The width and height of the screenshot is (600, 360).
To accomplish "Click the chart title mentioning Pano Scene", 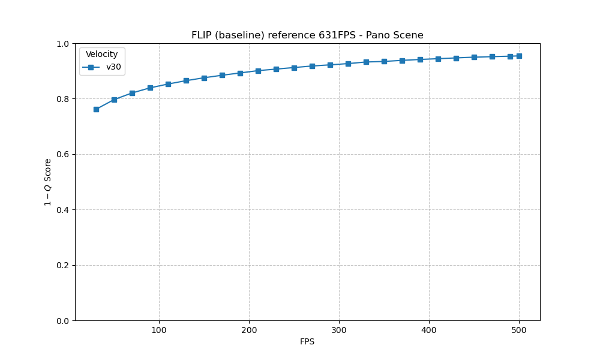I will click(307, 35).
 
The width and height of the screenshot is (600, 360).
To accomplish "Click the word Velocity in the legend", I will click(102, 55).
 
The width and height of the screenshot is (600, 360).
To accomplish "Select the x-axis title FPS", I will click(307, 342).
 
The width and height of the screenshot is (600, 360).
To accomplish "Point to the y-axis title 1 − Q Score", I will click(48, 182).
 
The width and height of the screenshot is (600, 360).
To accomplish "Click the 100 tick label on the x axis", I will click(159, 330).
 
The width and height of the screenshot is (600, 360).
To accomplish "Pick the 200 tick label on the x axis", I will click(249, 330).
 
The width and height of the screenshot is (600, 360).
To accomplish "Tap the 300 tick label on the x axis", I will click(339, 330).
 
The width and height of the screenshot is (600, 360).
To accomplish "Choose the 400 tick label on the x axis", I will click(429, 330).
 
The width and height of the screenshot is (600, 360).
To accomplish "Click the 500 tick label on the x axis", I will click(519, 330).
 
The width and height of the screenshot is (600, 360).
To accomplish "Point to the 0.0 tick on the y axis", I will click(63, 321).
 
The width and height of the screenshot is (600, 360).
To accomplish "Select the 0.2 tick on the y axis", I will click(63, 265).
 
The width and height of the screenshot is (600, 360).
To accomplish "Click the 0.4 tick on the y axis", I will click(63, 210).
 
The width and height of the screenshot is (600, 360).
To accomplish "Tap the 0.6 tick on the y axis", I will click(63, 154).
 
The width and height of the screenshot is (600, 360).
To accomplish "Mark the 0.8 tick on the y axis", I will click(63, 99).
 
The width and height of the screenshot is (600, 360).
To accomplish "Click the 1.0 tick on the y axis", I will click(63, 44).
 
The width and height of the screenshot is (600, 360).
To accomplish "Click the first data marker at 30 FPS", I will click(96, 109).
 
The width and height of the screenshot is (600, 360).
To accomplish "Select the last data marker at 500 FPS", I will click(519, 56).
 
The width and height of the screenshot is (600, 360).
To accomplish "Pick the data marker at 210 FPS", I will click(258, 71).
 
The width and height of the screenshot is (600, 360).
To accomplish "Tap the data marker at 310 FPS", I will click(348, 64).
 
